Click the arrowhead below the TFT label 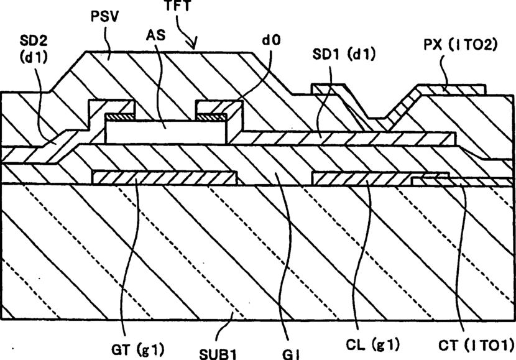click(x=195, y=45)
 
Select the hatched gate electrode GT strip click(x=162, y=178)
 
